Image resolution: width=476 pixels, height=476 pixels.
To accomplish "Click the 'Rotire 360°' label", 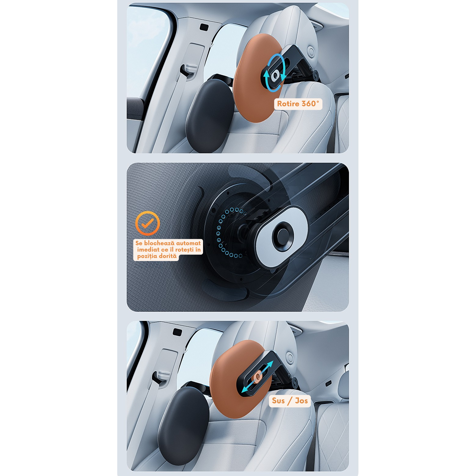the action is click(x=298, y=104).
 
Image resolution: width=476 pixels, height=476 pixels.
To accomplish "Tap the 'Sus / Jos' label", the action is click(x=290, y=401).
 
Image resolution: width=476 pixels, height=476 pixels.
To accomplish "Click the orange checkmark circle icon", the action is click(x=147, y=223).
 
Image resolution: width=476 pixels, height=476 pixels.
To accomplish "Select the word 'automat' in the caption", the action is click(x=188, y=243).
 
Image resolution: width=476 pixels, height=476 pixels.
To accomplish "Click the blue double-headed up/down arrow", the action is click(x=257, y=377).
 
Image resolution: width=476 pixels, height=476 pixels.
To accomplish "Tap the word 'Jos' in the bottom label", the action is click(x=301, y=401).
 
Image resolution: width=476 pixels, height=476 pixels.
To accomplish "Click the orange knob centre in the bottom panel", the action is click(x=258, y=377).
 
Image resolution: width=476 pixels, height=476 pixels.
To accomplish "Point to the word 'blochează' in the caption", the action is click(x=159, y=243).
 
